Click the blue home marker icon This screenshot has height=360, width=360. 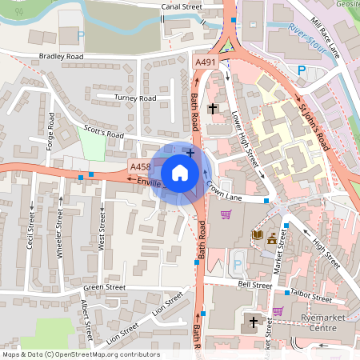coord(180,172)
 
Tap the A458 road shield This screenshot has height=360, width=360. coord(140,166)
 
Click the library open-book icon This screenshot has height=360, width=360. coord(258,234)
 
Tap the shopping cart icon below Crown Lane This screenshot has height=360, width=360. coord(226,214)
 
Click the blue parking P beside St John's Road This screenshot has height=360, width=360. coord(302,70)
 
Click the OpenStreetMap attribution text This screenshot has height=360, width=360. coord(81,354)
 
